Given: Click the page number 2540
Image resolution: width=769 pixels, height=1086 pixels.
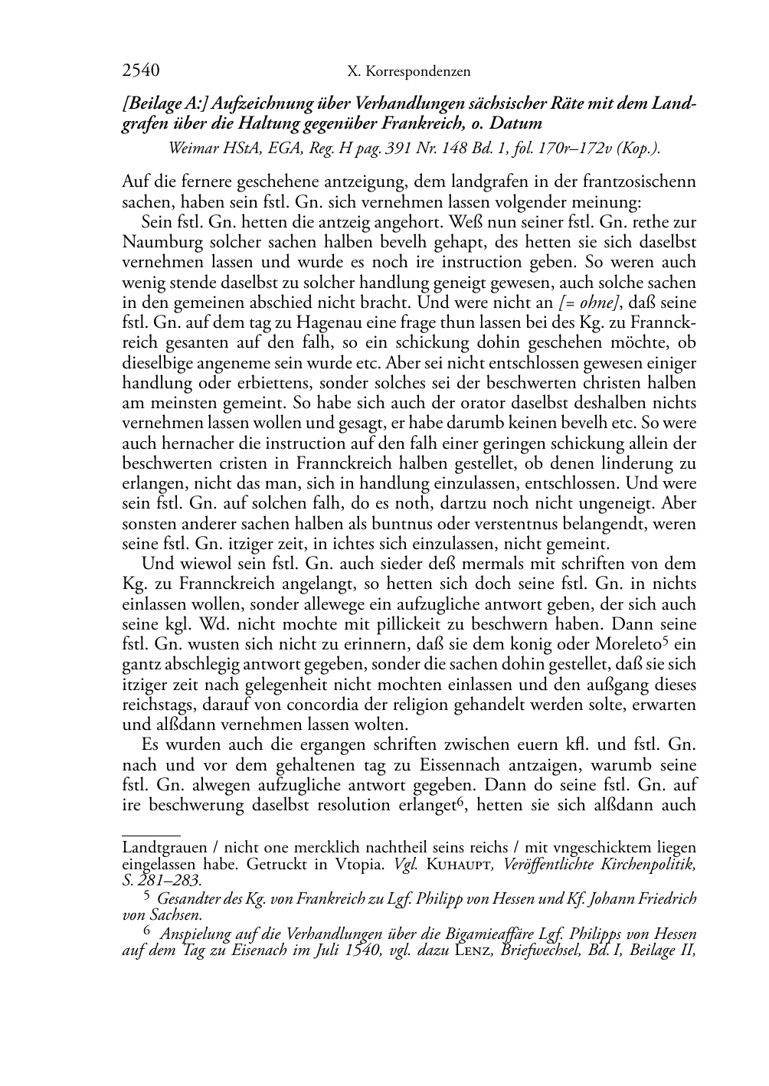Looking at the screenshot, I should [140, 71].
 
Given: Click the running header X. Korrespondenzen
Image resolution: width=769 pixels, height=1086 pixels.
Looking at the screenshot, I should [408, 72].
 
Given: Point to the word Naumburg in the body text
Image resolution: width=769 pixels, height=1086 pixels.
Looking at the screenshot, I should [154, 242].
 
